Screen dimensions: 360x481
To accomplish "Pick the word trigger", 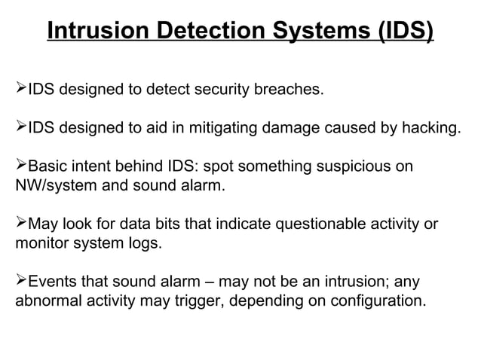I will pyautogui.click(x=203, y=301).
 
